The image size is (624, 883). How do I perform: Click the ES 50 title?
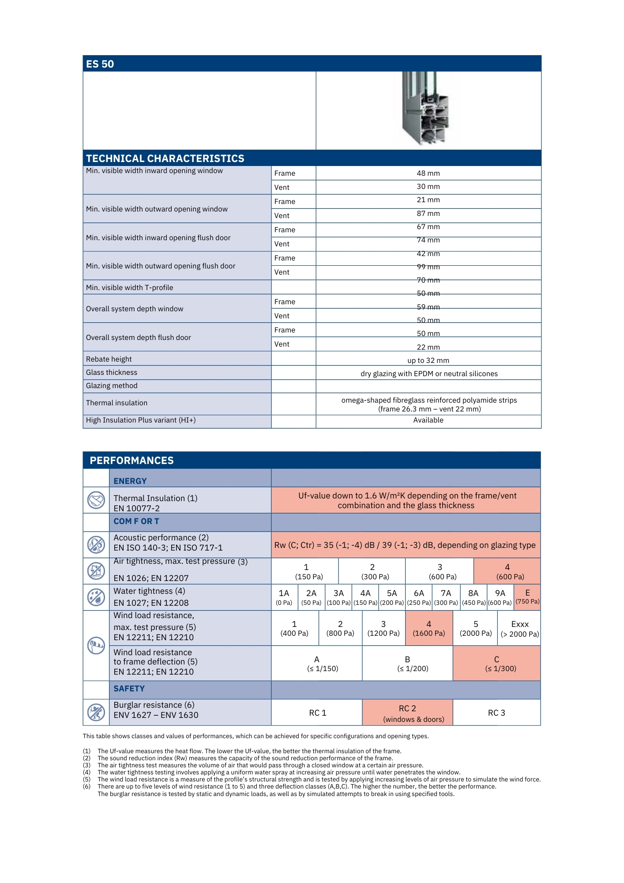tap(100, 64)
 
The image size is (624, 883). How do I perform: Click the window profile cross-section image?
tap(425, 109)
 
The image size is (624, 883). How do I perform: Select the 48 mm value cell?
tap(428, 174)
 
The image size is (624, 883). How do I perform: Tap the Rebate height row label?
tap(109, 359)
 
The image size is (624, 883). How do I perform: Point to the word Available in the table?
tap(428, 420)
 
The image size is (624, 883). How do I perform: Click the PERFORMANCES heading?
tap(132, 460)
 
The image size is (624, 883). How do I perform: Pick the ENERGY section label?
tap(130, 481)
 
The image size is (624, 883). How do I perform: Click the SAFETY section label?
tap(129, 689)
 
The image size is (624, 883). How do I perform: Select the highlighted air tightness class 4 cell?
tap(507, 572)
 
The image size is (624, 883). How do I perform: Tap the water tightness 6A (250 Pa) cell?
tap(419, 597)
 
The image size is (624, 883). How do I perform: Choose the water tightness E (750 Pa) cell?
tap(527, 597)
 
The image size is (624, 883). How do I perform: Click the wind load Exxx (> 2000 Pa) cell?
tap(519, 629)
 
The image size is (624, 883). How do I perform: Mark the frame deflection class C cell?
tap(496, 664)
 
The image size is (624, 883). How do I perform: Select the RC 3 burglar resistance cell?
tap(496, 713)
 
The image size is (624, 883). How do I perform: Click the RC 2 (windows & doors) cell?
tap(407, 713)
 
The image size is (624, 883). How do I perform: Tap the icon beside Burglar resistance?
tap(96, 712)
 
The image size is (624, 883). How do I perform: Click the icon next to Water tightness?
tap(96, 597)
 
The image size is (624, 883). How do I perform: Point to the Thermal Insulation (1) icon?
tap(96, 500)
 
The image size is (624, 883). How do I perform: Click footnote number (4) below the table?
tap(86, 772)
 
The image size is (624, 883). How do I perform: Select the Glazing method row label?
tap(112, 386)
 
